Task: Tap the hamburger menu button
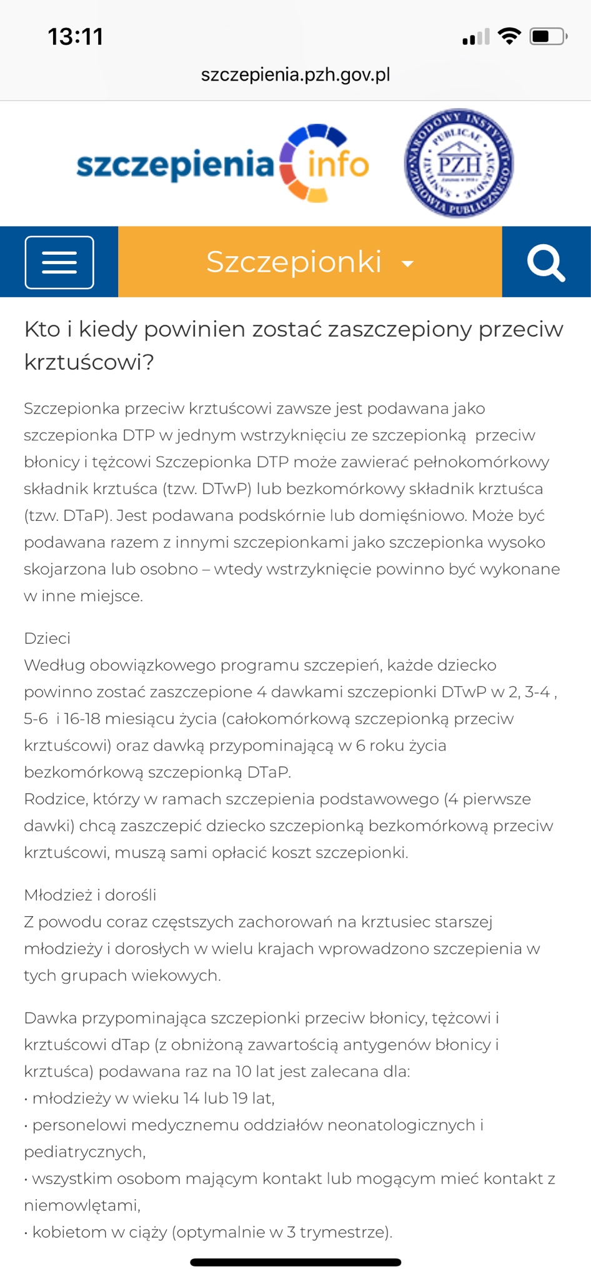click(x=59, y=262)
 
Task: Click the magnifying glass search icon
click(x=546, y=263)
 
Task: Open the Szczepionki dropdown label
click(x=294, y=262)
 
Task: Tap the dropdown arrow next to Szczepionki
click(x=407, y=264)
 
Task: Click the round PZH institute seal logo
click(x=459, y=164)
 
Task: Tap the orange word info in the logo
click(x=337, y=165)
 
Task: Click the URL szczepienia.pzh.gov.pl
click(x=295, y=75)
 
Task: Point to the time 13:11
click(x=76, y=37)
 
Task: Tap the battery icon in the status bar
click(x=547, y=37)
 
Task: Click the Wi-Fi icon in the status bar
click(x=510, y=37)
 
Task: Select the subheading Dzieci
click(x=47, y=638)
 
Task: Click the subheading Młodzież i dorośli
click(x=90, y=895)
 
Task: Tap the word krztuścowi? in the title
click(x=89, y=362)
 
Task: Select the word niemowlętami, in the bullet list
click(x=82, y=1205)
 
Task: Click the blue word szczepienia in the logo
click(x=175, y=165)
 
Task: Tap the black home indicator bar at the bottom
click(x=295, y=1263)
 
